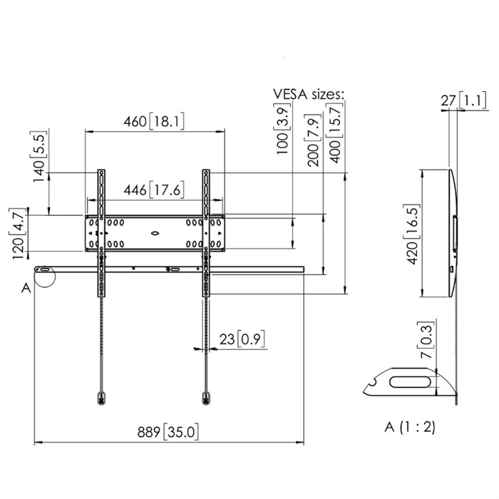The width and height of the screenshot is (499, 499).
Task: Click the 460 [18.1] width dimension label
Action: tap(154, 122)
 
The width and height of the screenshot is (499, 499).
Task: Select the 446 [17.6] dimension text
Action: tap(154, 190)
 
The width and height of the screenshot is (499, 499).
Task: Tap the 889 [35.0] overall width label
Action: tap(168, 432)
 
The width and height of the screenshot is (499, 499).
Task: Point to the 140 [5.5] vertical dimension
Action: tap(39, 156)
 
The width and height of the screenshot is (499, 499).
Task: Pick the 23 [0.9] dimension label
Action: tap(242, 339)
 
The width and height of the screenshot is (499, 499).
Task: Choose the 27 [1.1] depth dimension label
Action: tap(463, 101)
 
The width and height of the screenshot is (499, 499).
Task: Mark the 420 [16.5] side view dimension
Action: tap(413, 235)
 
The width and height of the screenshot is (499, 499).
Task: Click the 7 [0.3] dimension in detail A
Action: tap(426, 340)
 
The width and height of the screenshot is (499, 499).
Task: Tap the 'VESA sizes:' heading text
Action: tap(309, 94)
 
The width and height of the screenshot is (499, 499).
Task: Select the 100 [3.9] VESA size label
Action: tap(282, 128)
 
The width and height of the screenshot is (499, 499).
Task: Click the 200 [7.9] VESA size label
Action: tap(313, 140)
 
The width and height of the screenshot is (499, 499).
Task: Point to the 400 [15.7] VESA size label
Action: tap(335, 133)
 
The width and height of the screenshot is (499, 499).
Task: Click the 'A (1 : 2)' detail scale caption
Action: tap(410, 427)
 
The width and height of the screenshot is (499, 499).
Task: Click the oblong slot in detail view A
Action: tap(410, 382)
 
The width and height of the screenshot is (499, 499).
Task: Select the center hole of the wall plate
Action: tap(155, 233)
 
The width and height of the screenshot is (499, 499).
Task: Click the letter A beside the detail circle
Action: tap(26, 288)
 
